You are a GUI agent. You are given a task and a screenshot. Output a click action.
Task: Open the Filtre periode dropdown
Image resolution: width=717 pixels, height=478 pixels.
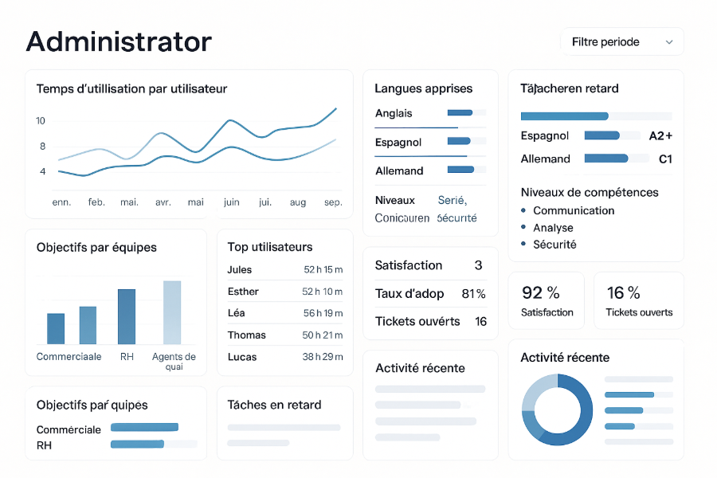[621, 42]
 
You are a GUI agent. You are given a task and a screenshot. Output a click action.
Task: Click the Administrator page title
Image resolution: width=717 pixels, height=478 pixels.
[119, 41]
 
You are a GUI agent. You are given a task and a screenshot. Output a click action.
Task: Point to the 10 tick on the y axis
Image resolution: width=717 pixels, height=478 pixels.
[41, 121]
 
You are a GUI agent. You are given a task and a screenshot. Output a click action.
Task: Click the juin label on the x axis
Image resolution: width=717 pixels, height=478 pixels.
[232, 202]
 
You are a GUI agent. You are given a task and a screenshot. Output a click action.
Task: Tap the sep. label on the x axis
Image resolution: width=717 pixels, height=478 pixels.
[333, 202]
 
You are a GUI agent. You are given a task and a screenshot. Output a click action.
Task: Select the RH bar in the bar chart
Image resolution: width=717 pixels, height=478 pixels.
[127, 316]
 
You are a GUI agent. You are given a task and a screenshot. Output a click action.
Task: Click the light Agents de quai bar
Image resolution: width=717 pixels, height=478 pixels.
[172, 312]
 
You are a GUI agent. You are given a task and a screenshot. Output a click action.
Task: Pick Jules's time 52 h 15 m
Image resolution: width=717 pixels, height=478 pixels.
[323, 270]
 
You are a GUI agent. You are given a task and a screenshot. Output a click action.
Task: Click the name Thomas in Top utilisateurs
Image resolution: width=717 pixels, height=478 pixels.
[246, 335]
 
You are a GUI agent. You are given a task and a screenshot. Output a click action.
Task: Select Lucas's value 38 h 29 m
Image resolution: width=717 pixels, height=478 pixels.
[323, 357]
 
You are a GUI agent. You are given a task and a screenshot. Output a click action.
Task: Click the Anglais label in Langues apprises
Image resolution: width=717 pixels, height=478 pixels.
[394, 113]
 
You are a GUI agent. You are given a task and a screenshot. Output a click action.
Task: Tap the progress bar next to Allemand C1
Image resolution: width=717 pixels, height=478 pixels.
[606, 159]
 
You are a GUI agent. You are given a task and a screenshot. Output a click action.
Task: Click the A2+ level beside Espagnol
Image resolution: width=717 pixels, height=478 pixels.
[660, 135]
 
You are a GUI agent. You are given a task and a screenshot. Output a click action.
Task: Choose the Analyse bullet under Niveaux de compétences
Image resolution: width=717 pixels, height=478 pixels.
[553, 228]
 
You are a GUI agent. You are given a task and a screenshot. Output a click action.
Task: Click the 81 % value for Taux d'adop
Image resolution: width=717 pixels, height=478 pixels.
[473, 294]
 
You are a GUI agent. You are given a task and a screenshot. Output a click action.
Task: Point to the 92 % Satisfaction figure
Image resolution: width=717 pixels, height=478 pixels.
[540, 293]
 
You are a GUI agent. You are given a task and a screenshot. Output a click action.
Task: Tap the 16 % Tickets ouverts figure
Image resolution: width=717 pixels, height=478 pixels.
[623, 293]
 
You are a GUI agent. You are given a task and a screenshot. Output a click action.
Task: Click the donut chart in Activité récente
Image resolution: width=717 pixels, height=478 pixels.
[557, 409]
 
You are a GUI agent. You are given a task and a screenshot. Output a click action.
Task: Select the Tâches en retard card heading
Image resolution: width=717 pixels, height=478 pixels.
[274, 405]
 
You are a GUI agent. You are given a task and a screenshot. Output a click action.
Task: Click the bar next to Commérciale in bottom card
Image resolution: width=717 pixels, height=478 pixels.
[144, 428]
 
